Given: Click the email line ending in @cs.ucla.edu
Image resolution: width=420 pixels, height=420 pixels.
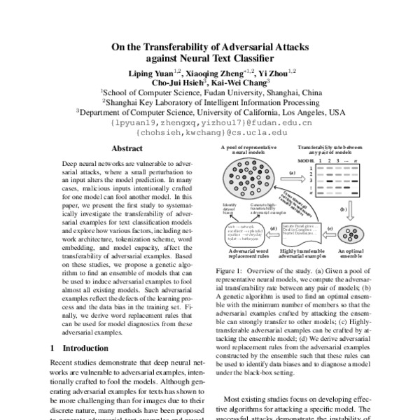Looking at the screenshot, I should tap(209, 131).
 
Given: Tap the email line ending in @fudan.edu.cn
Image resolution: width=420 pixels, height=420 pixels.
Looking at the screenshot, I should tap(210, 121).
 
